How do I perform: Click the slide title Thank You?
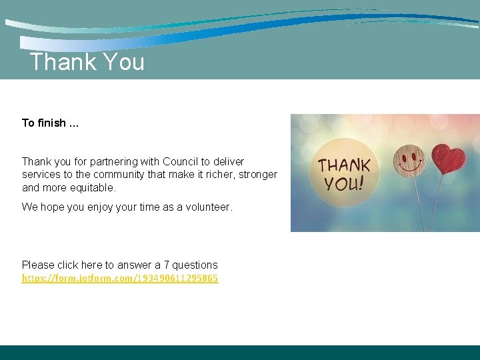pos(87,62)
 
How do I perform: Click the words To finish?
pos(44,123)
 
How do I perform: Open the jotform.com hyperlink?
pos(120,278)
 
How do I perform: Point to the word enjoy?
pos(101,207)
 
